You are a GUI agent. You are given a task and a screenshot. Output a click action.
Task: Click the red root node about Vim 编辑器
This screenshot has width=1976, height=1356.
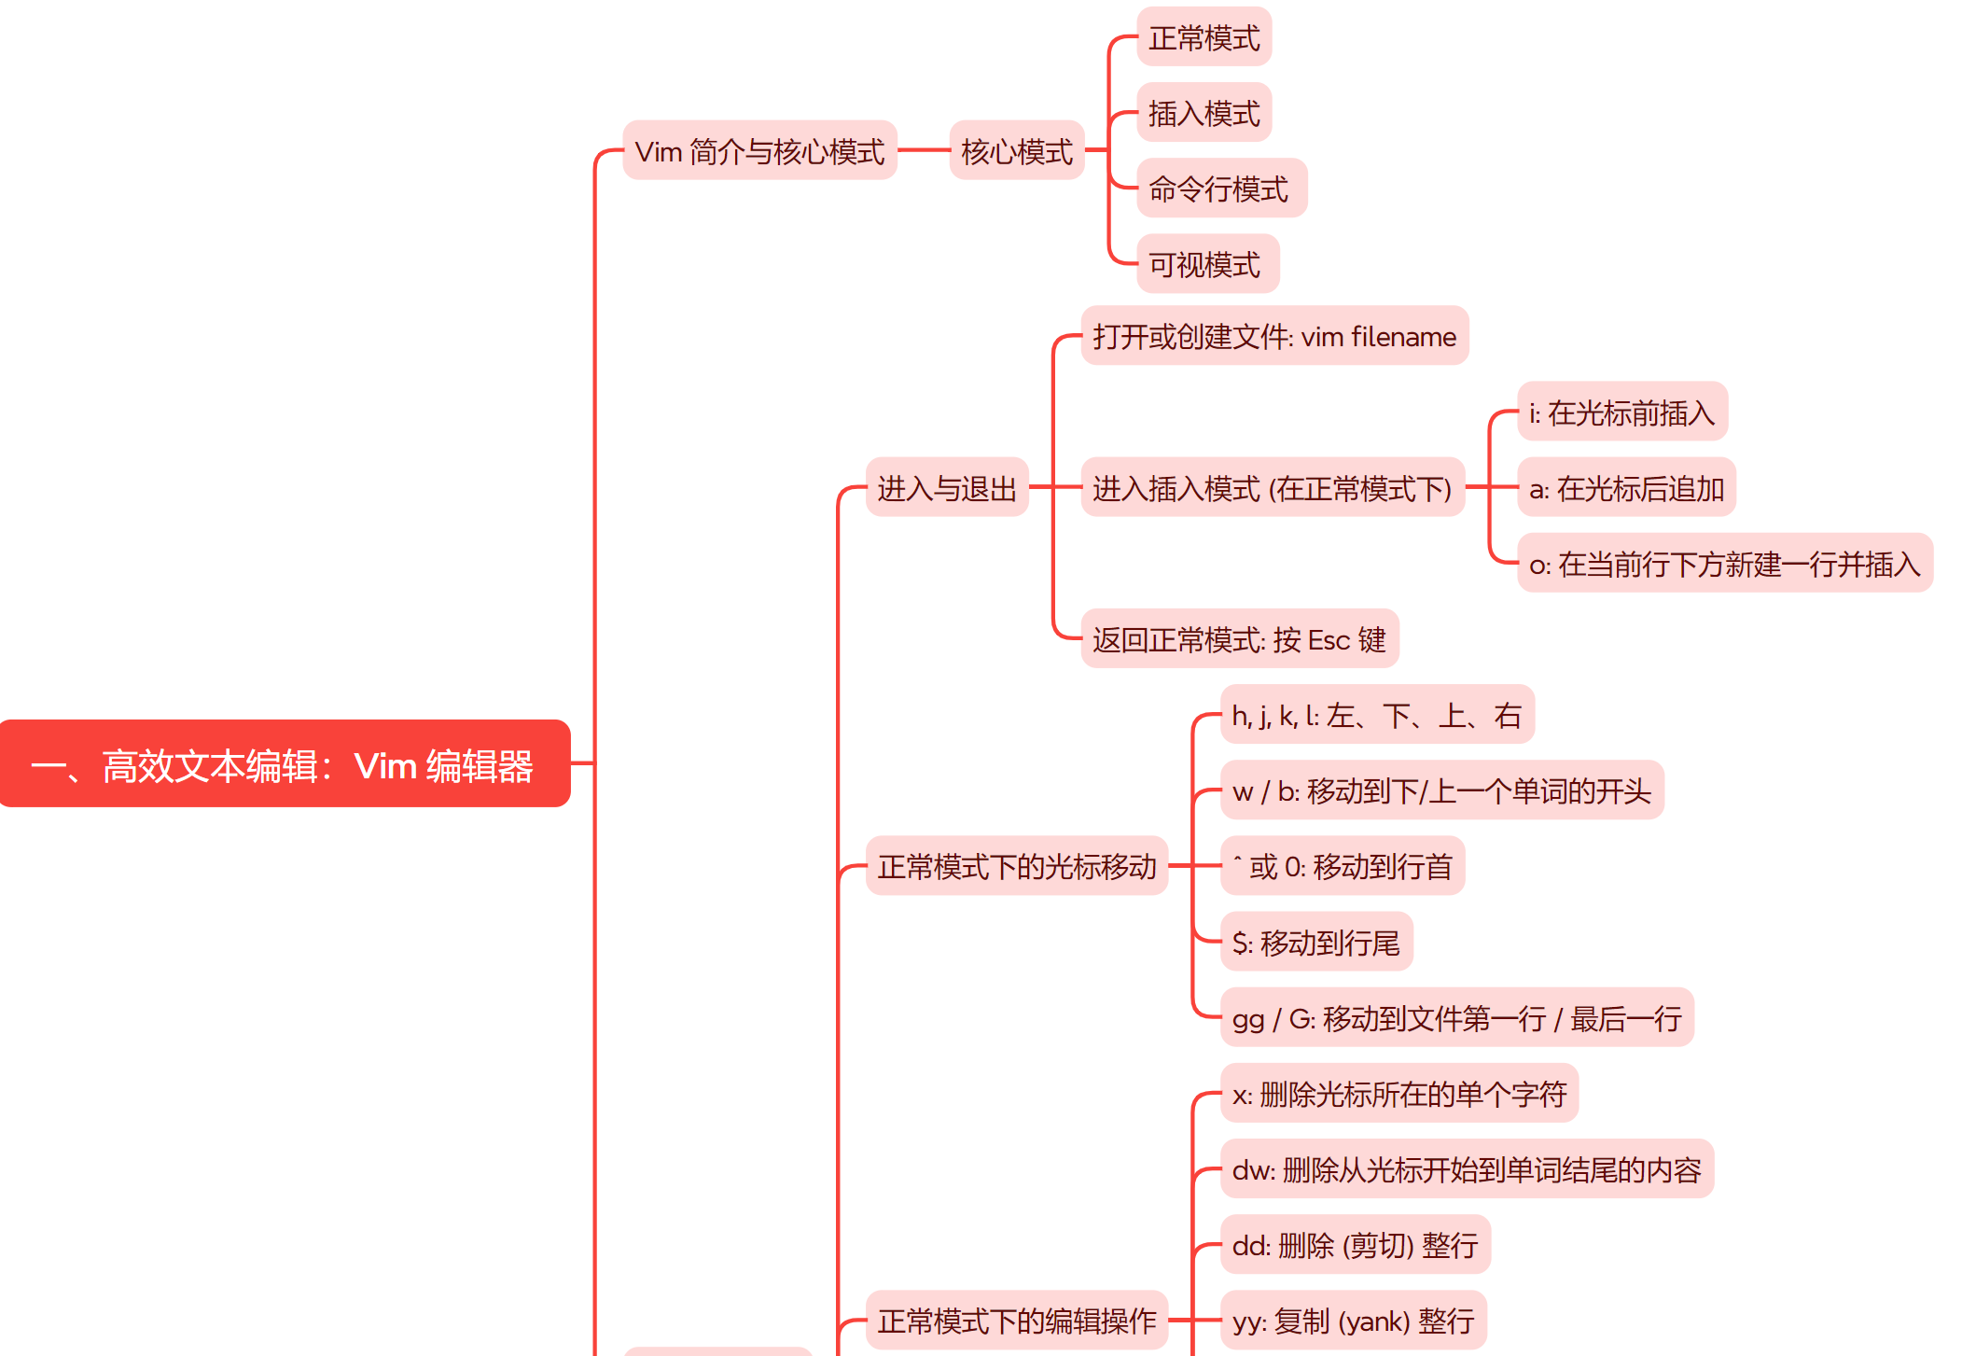285,763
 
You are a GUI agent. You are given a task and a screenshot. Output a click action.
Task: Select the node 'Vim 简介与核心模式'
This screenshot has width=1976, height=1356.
759,150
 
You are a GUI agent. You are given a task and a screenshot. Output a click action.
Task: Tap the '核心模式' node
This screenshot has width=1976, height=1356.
1016,150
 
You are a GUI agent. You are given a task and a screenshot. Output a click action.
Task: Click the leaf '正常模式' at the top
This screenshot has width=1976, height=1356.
1204,37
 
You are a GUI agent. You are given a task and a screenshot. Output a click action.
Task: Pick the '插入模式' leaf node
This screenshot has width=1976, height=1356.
1204,113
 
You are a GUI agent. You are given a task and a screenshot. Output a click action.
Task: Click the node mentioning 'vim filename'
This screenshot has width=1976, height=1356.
1273,336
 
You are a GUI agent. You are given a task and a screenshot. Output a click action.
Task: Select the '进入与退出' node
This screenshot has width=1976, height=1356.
946,487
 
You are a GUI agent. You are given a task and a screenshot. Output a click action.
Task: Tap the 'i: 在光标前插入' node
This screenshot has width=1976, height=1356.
1621,412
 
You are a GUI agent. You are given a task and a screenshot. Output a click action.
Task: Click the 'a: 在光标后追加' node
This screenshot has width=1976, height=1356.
1626,487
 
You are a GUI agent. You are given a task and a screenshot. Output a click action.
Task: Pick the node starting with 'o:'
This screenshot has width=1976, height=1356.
1724,563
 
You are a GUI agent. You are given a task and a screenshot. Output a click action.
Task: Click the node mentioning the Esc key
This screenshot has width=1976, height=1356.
1239,639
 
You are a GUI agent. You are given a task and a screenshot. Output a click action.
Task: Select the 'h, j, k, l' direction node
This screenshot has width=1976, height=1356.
1376,715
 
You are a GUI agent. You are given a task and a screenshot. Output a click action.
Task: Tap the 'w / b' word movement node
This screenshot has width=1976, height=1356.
1441,790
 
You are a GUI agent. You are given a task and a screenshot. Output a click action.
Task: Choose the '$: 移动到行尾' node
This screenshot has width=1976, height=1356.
1315,942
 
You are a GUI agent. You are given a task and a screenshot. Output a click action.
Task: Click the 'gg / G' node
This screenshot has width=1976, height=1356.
1456,1017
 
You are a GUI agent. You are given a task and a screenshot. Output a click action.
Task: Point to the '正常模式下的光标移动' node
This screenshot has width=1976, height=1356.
1016,866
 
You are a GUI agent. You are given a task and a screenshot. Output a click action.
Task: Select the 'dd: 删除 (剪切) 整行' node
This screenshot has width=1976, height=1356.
1355,1244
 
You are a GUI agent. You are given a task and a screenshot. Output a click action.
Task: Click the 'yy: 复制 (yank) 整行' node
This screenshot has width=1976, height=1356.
1353,1320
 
